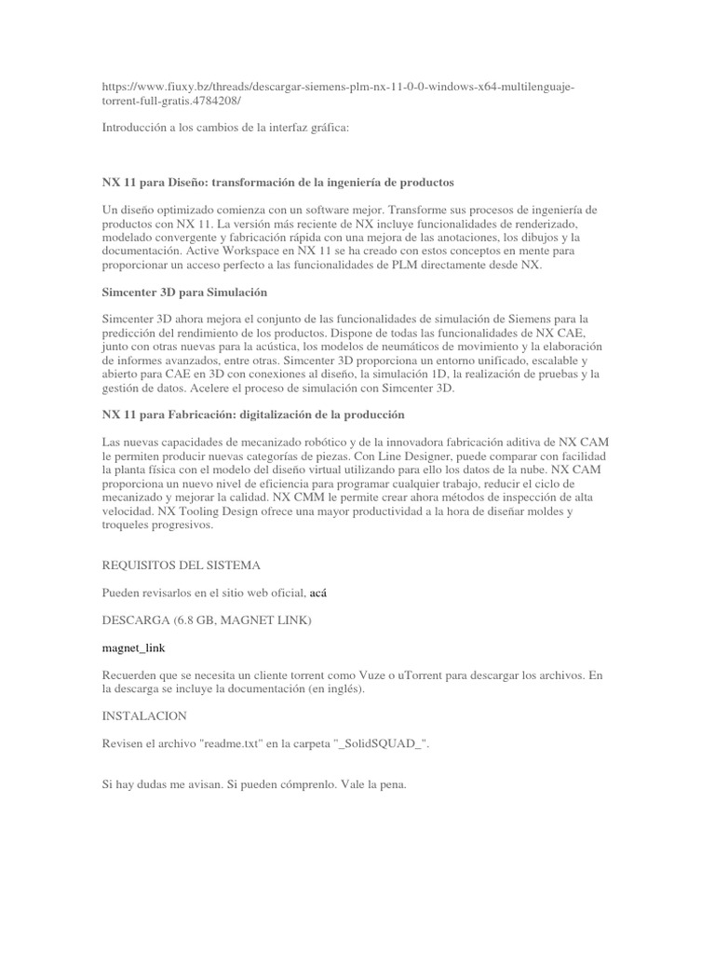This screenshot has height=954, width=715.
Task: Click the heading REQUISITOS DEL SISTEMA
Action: pyautogui.click(x=182, y=566)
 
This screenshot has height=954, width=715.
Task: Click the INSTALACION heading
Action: pyautogui.click(x=144, y=715)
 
